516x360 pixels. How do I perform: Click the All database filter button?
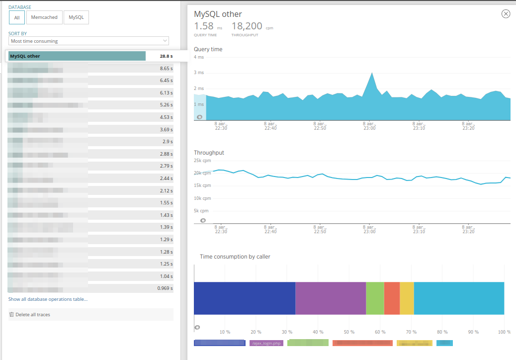16,17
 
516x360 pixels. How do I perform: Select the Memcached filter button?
44,17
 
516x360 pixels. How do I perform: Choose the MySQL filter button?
76,17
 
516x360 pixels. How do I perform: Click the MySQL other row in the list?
77,56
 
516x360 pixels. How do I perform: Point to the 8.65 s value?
166,68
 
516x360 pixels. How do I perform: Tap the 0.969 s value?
165,288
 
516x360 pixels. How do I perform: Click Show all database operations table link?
48,299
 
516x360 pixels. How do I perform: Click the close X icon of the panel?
506,14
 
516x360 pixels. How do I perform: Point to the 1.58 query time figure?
204,26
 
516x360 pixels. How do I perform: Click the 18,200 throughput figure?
247,26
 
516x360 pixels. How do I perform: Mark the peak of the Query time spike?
372,73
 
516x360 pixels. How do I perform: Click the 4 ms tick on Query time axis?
199,57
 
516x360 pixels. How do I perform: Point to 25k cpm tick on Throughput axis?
202,161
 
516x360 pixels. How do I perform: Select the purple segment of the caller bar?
331,298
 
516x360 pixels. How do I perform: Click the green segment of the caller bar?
375,298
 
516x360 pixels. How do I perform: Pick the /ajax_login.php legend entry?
266,343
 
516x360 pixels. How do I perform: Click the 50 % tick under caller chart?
349,332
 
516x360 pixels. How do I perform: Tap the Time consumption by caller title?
235,257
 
